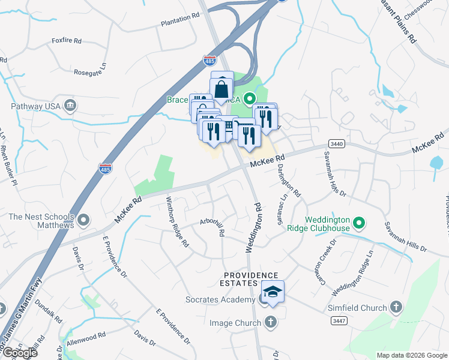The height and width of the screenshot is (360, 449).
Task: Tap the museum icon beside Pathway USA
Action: point(70,106)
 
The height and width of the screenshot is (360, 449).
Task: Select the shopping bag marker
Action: point(221,88)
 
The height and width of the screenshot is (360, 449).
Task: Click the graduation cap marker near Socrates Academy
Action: point(273,293)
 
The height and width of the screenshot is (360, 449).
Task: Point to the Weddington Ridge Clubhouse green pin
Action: point(359,224)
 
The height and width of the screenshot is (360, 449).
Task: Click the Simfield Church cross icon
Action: point(396,308)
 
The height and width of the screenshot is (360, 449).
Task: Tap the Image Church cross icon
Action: point(270,323)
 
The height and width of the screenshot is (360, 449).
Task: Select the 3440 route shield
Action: point(336,143)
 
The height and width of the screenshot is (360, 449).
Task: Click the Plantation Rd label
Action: point(179,20)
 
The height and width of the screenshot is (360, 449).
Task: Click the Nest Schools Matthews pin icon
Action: point(83,221)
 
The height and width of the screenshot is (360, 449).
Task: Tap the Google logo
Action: point(19,353)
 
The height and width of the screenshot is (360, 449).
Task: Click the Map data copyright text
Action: point(412,355)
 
